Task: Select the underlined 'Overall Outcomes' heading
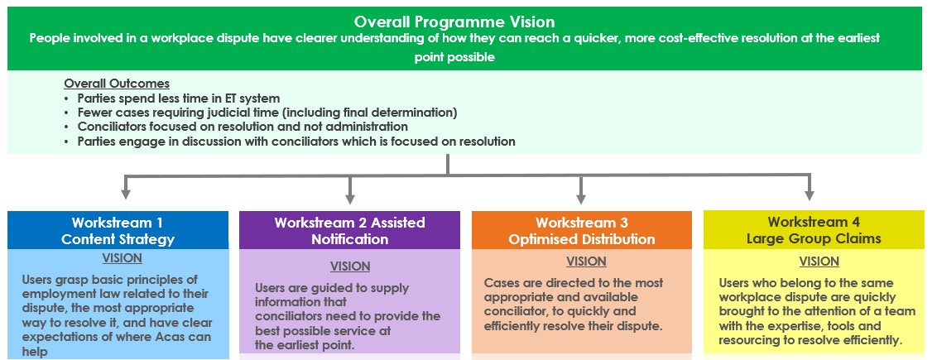click(x=117, y=84)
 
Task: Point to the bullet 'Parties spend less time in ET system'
click(x=179, y=98)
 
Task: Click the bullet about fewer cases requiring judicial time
click(x=267, y=113)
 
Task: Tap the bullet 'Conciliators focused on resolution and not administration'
click(x=243, y=127)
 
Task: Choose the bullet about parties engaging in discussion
click(x=296, y=142)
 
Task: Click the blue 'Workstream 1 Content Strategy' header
click(x=118, y=231)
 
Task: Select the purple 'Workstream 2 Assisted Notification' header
click(x=349, y=231)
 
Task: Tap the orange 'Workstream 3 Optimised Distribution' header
click(x=581, y=231)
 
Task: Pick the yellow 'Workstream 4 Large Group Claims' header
click(x=813, y=231)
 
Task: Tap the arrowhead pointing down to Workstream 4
click(x=809, y=194)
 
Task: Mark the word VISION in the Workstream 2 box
click(x=350, y=266)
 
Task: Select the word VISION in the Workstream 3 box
click(x=586, y=262)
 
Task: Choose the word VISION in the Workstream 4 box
click(x=819, y=262)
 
